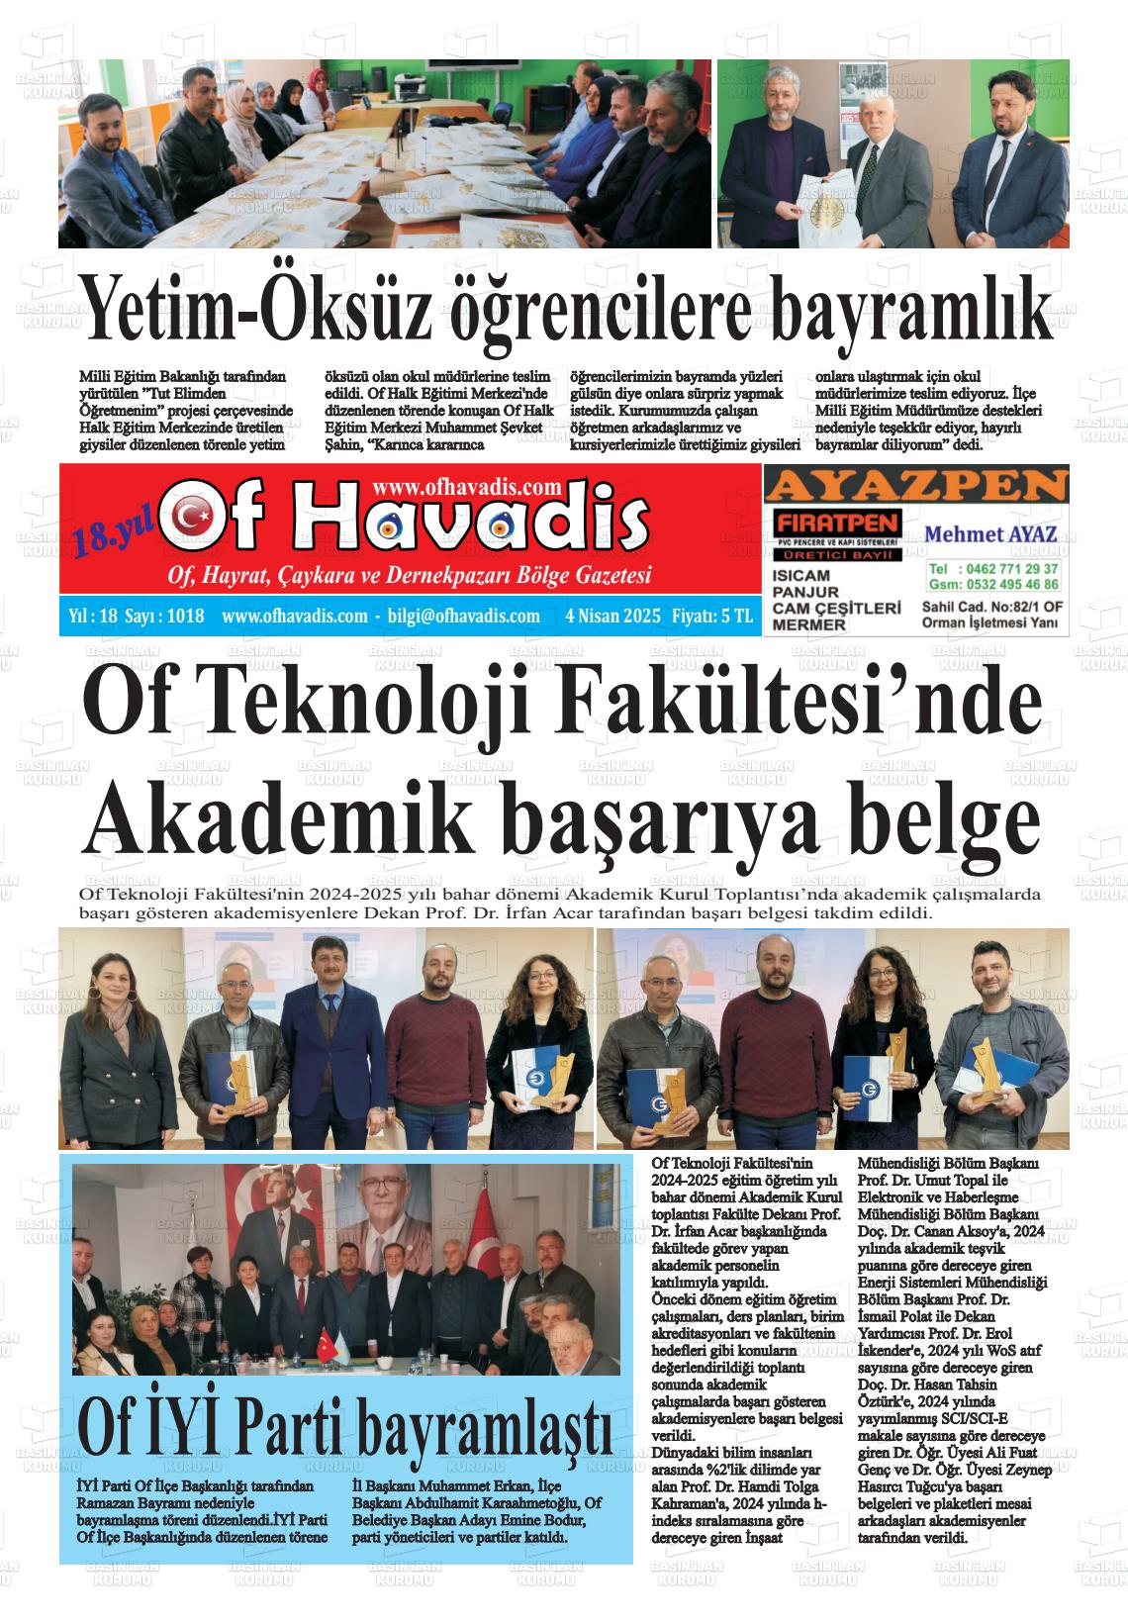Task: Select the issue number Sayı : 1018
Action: coord(165,616)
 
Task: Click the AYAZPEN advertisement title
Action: coord(916,487)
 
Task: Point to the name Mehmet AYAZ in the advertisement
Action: coord(990,534)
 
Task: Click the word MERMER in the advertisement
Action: coord(808,625)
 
